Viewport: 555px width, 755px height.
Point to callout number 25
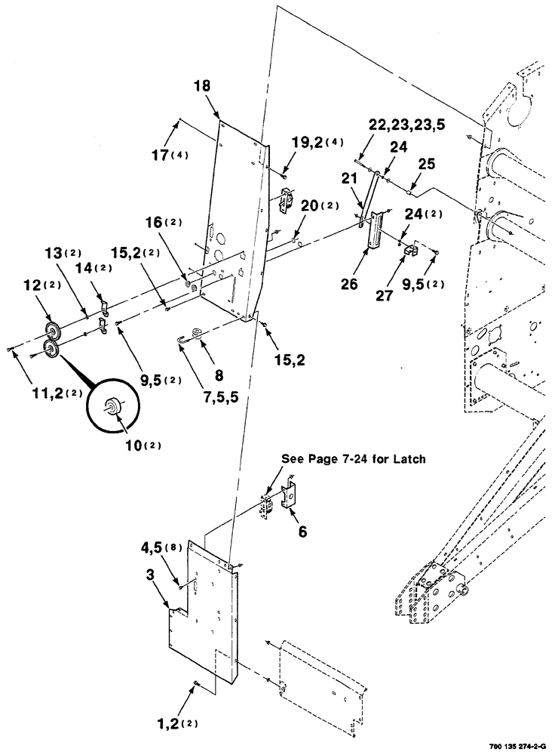427,163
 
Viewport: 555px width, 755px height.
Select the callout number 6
302,532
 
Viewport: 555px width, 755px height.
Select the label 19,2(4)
314,141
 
